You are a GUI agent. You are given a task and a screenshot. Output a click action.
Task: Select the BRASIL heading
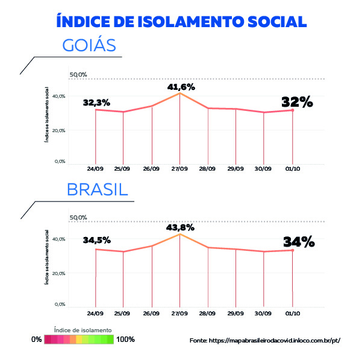pos(98,189)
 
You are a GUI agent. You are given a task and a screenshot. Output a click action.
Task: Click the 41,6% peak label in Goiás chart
pos(181,87)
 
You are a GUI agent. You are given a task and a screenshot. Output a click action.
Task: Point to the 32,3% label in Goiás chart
pos(96,103)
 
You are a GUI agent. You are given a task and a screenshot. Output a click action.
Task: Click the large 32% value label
pos(298,102)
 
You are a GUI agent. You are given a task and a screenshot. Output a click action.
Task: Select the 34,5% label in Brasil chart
pos(96,240)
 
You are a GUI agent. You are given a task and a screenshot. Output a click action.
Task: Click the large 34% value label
pos(299,242)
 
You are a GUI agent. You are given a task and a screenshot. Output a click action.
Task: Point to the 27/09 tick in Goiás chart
pos(179,169)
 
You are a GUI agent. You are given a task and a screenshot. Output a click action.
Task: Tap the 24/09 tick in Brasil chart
pos(95,314)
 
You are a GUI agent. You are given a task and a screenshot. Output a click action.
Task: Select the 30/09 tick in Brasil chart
pos(264,314)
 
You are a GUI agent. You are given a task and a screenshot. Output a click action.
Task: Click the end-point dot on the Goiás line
pos(292,110)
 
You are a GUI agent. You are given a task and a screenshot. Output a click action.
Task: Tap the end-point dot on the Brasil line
pos(292,250)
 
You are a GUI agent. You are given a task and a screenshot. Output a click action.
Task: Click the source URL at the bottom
pos(265,340)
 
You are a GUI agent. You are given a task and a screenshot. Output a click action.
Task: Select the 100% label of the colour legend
pos(126,339)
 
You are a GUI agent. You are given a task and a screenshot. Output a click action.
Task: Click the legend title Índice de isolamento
pos(83,330)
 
